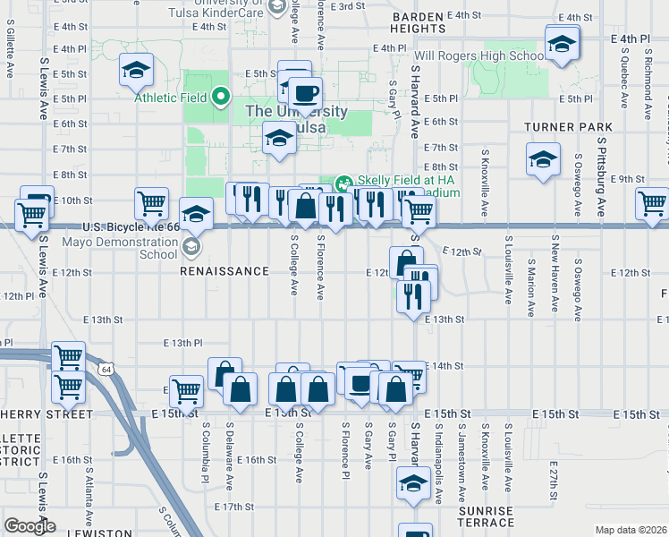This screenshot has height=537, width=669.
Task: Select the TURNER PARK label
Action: (x=569, y=128)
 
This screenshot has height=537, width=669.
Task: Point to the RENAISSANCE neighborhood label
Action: (x=224, y=270)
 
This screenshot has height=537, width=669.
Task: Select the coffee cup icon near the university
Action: (x=305, y=92)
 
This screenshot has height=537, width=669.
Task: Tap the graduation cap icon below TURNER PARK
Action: (x=542, y=159)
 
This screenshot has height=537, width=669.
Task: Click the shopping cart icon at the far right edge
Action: (x=652, y=203)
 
